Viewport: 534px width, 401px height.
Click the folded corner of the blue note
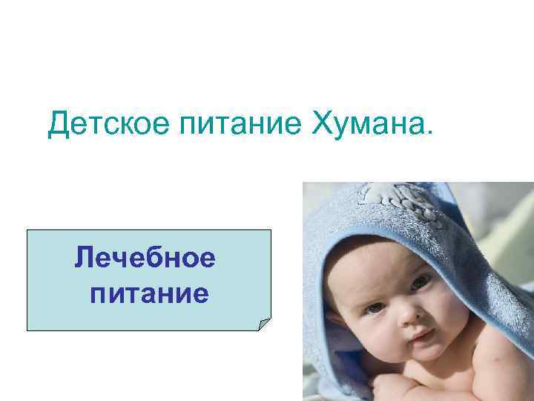pos(263,323)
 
